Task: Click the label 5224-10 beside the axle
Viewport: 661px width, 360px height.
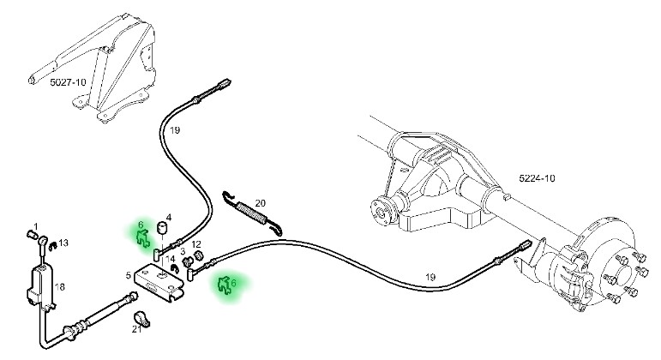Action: coord(537,178)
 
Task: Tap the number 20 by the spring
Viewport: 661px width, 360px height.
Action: coord(261,203)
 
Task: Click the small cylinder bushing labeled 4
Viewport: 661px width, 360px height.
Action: coord(159,228)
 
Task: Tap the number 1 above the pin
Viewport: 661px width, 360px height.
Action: coord(35,226)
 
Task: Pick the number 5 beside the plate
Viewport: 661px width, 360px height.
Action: coord(127,275)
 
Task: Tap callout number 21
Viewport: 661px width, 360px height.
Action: coord(135,328)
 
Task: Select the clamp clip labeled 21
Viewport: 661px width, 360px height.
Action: coord(144,321)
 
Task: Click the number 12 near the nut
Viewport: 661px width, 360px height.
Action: coord(197,244)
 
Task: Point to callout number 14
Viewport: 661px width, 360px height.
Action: coord(171,259)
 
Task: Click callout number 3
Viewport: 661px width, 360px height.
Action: coord(183,250)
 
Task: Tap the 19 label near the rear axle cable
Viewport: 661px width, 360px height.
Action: coord(430,276)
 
